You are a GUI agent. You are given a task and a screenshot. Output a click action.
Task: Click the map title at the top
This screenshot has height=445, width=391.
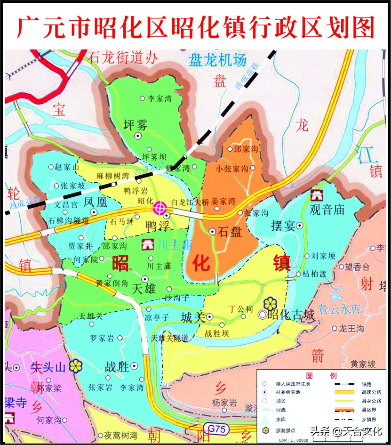tap(195, 26)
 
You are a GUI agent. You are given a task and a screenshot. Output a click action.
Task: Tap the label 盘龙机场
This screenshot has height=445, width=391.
tap(217, 60)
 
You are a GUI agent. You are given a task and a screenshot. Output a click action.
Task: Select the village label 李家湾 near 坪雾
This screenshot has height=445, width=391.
tap(159, 98)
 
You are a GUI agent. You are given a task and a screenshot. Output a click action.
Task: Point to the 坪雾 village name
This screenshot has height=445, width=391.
tap(136, 125)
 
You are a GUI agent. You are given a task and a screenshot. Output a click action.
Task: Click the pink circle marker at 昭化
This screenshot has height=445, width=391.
tap(160, 207)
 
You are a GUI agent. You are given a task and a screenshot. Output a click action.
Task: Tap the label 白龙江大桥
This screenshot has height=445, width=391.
tap(189, 202)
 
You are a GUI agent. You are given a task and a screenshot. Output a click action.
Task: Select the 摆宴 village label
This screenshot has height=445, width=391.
tap(283, 226)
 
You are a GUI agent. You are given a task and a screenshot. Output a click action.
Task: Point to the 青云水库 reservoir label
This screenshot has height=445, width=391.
tap(339, 309)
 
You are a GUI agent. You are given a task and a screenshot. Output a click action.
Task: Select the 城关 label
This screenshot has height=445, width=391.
tap(193, 317)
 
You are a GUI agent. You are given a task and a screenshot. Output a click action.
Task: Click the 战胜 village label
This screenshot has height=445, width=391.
tap(117, 366)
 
